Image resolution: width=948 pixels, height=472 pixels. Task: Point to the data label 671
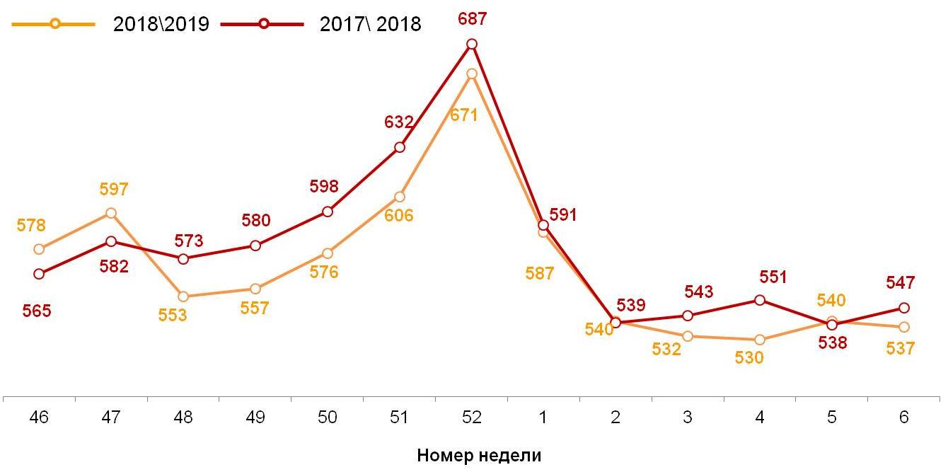(465, 115)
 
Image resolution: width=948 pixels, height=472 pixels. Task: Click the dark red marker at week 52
(472, 44)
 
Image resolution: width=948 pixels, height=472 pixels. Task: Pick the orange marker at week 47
(111, 213)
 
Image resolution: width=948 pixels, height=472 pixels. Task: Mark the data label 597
(113, 190)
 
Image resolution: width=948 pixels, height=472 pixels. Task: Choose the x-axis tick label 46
(39, 418)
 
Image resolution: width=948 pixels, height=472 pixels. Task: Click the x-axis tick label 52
(471, 418)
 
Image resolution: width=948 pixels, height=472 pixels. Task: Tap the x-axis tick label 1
(543, 418)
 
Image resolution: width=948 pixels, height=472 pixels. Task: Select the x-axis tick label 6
(903, 418)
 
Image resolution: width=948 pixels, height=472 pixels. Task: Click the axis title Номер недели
(479, 455)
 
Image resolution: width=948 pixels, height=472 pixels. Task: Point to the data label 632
(398, 122)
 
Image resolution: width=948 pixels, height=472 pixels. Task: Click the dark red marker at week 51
(400, 147)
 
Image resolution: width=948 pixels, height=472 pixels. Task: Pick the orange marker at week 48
(183, 297)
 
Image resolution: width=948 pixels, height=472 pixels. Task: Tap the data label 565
(37, 311)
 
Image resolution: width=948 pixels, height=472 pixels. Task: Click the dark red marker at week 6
(903, 308)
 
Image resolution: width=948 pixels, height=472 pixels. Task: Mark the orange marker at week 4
(760, 340)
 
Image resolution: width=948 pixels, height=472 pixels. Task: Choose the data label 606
(399, 216)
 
